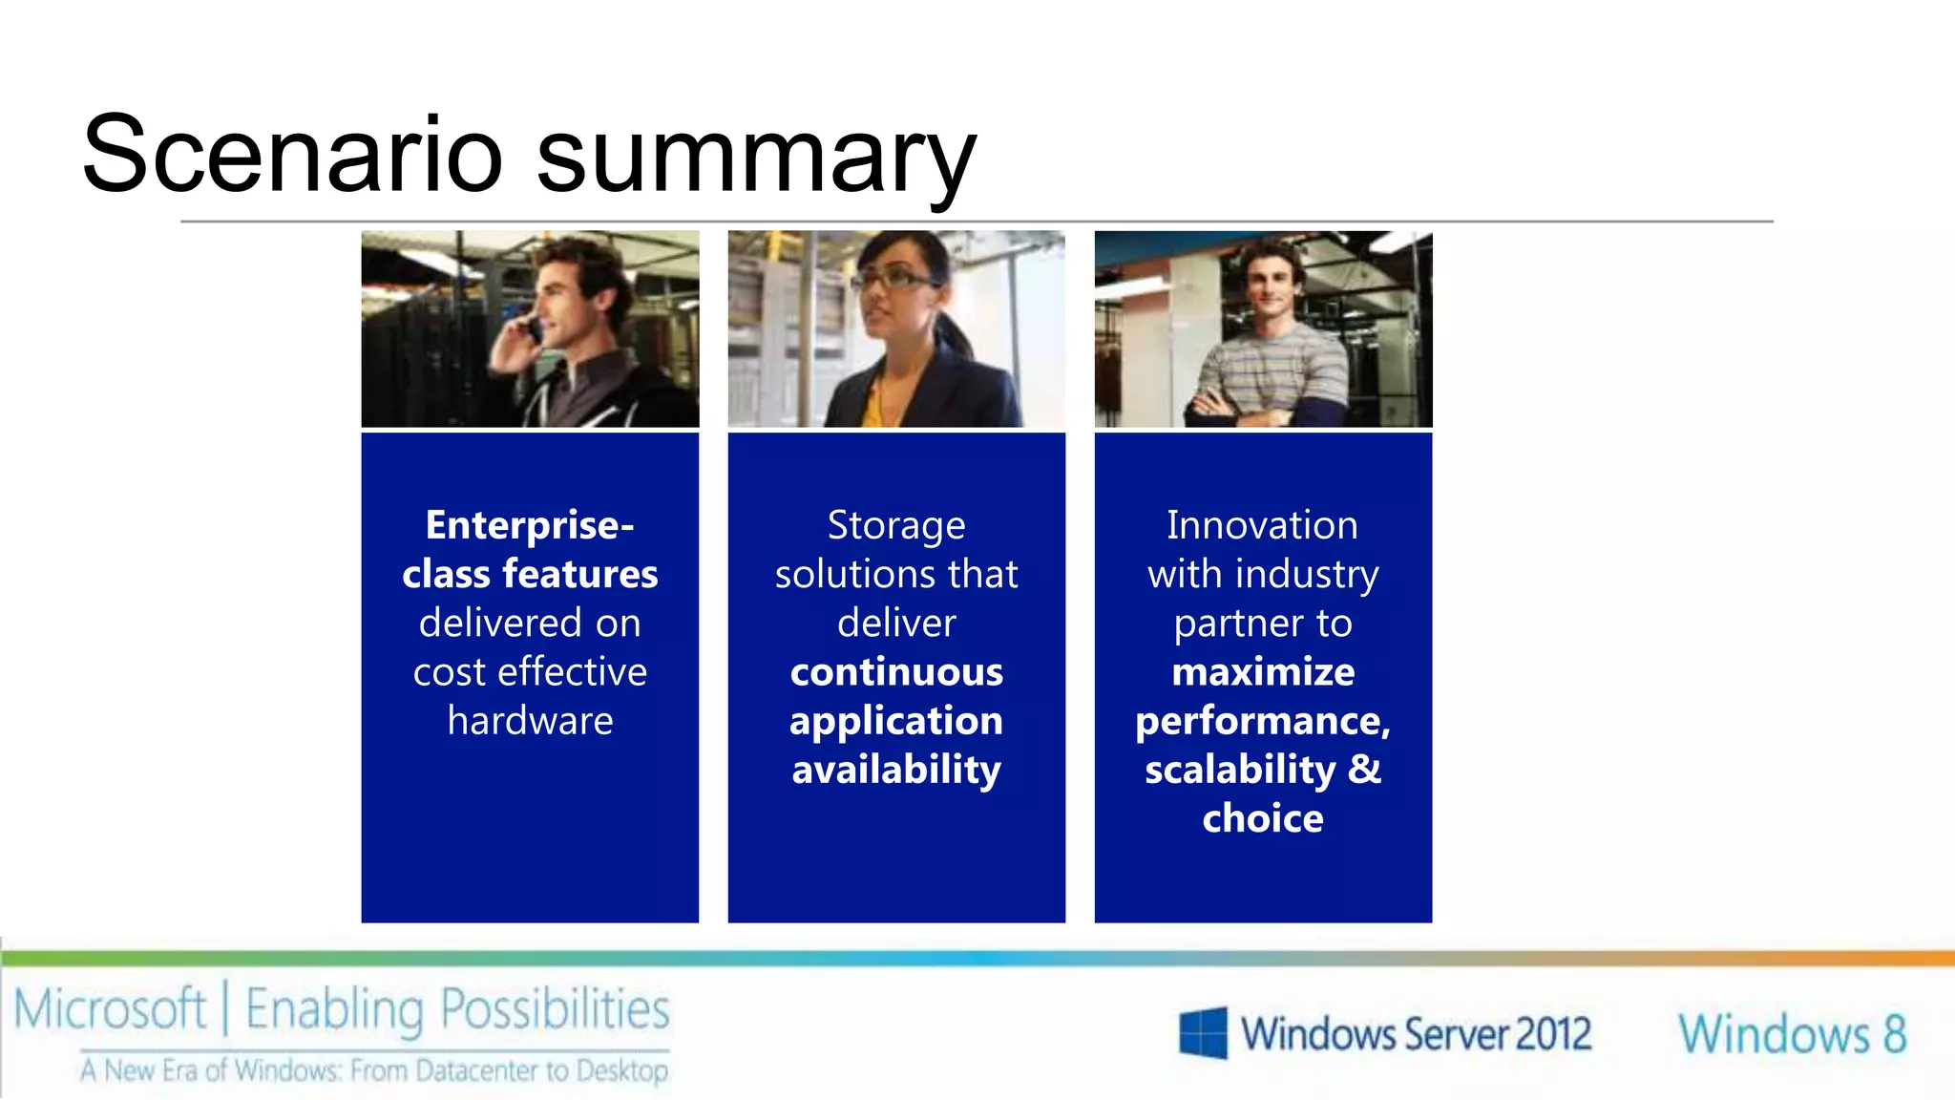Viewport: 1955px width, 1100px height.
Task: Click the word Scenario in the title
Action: pos(291,155)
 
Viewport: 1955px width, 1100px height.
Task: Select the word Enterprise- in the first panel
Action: pos(530,525)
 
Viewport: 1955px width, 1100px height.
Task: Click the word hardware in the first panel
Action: pos(530,721)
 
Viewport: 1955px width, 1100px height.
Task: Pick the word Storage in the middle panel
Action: pos(895,525)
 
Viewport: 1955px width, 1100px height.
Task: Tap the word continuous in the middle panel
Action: pos(896,672)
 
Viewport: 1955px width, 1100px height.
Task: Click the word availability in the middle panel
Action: pos(896,771)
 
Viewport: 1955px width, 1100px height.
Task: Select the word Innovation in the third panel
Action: pos(1262,525)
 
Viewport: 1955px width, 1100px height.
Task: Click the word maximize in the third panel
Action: pos(1263,672)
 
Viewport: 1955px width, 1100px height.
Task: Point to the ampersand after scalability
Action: pos(1365,769)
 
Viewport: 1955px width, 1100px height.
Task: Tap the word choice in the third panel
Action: pos(1263,819)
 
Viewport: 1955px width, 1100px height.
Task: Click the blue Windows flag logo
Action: pos(1203,1033)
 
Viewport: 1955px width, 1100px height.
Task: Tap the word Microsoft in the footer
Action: pos(110,1009)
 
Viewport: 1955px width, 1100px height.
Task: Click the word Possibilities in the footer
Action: pos(555,1009)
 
